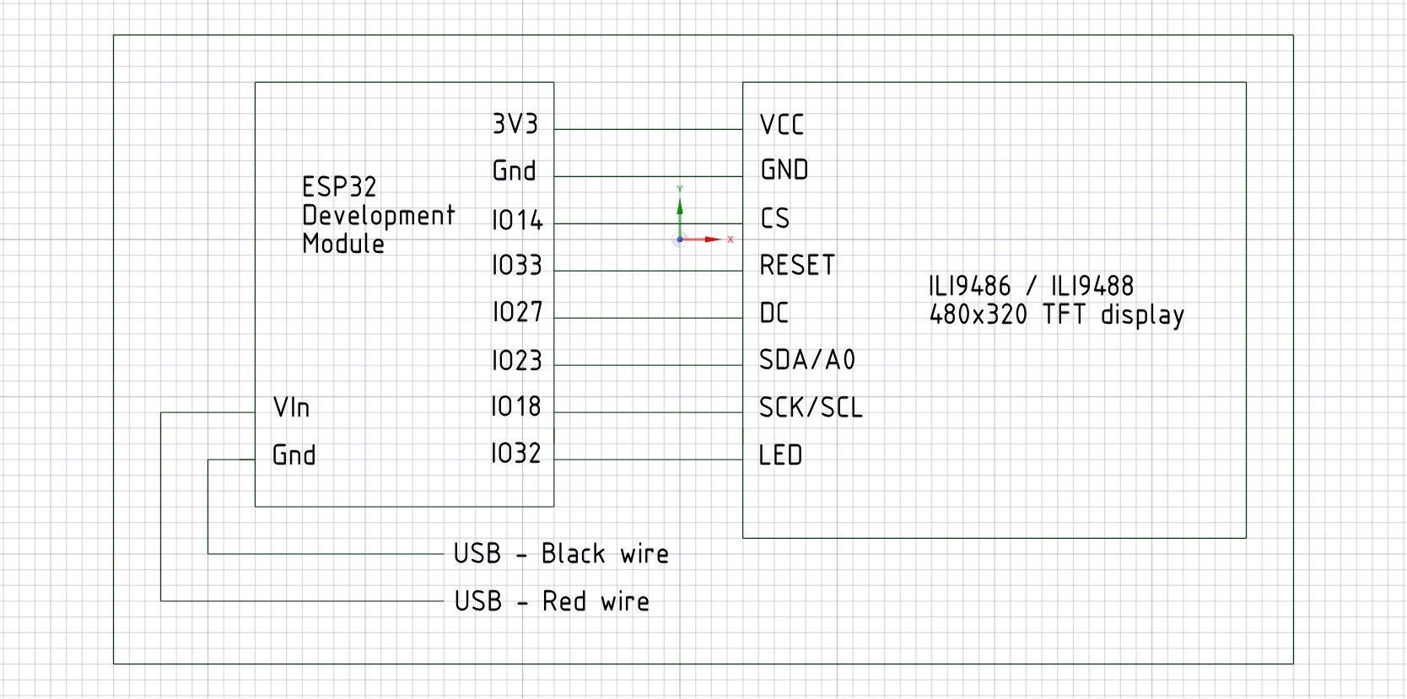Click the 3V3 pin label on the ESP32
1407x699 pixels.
coord(515,125)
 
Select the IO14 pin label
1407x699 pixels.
coord(517,221)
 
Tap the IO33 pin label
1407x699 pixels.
coord(517,266)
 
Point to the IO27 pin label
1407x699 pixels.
coord(517,313)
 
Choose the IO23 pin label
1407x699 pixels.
coord(517,362)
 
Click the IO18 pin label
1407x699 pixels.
coord(516,407)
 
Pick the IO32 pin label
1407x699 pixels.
coord(516,454)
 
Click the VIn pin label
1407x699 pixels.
coord(291,408)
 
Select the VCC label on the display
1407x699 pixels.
coord(782,126)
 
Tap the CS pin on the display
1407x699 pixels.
coord(775,219)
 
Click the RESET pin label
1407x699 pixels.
coord(797,266)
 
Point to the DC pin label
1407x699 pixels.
coord(774,314)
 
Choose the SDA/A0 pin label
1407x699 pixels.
coord(807,361)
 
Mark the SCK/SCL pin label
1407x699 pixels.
coord(811,409)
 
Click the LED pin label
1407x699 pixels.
coord(780,456)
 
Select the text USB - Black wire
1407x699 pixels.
coord(561,554)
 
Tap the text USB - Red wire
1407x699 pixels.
coord(552,601)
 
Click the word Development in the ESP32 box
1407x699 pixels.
coord(379,216)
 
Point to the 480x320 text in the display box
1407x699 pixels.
coord(978,315)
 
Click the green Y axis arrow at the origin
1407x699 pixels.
coord(680,206)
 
